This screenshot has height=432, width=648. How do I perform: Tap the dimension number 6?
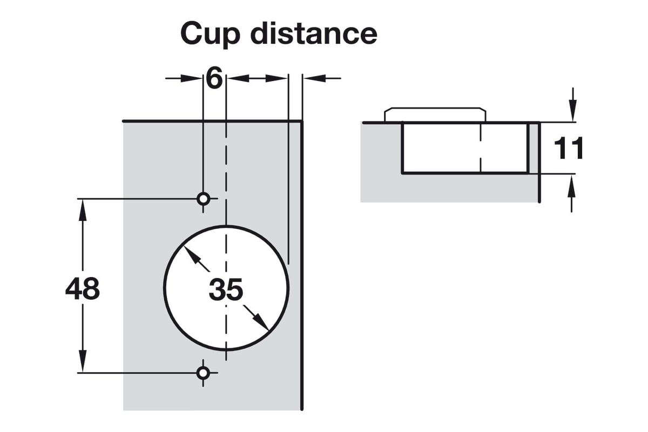click(x=214, y=79)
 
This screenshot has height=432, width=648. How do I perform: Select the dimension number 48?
click(x=83, y=289)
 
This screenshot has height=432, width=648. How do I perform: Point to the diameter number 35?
click(x=226, y=291)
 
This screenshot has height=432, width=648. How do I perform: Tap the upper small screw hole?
click(x=204, y=199)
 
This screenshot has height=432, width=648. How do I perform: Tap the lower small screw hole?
click(x=203, y=372)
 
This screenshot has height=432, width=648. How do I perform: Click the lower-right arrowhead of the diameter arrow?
click(x=262, y=323)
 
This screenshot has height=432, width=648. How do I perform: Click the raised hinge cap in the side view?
click(x=435, y=114)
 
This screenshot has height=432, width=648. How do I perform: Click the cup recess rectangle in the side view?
click(x=464, y=148)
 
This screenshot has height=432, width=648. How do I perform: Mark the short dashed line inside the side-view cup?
click(x=480, y=148)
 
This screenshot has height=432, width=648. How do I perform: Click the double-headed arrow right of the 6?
click(x=256, y=78)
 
